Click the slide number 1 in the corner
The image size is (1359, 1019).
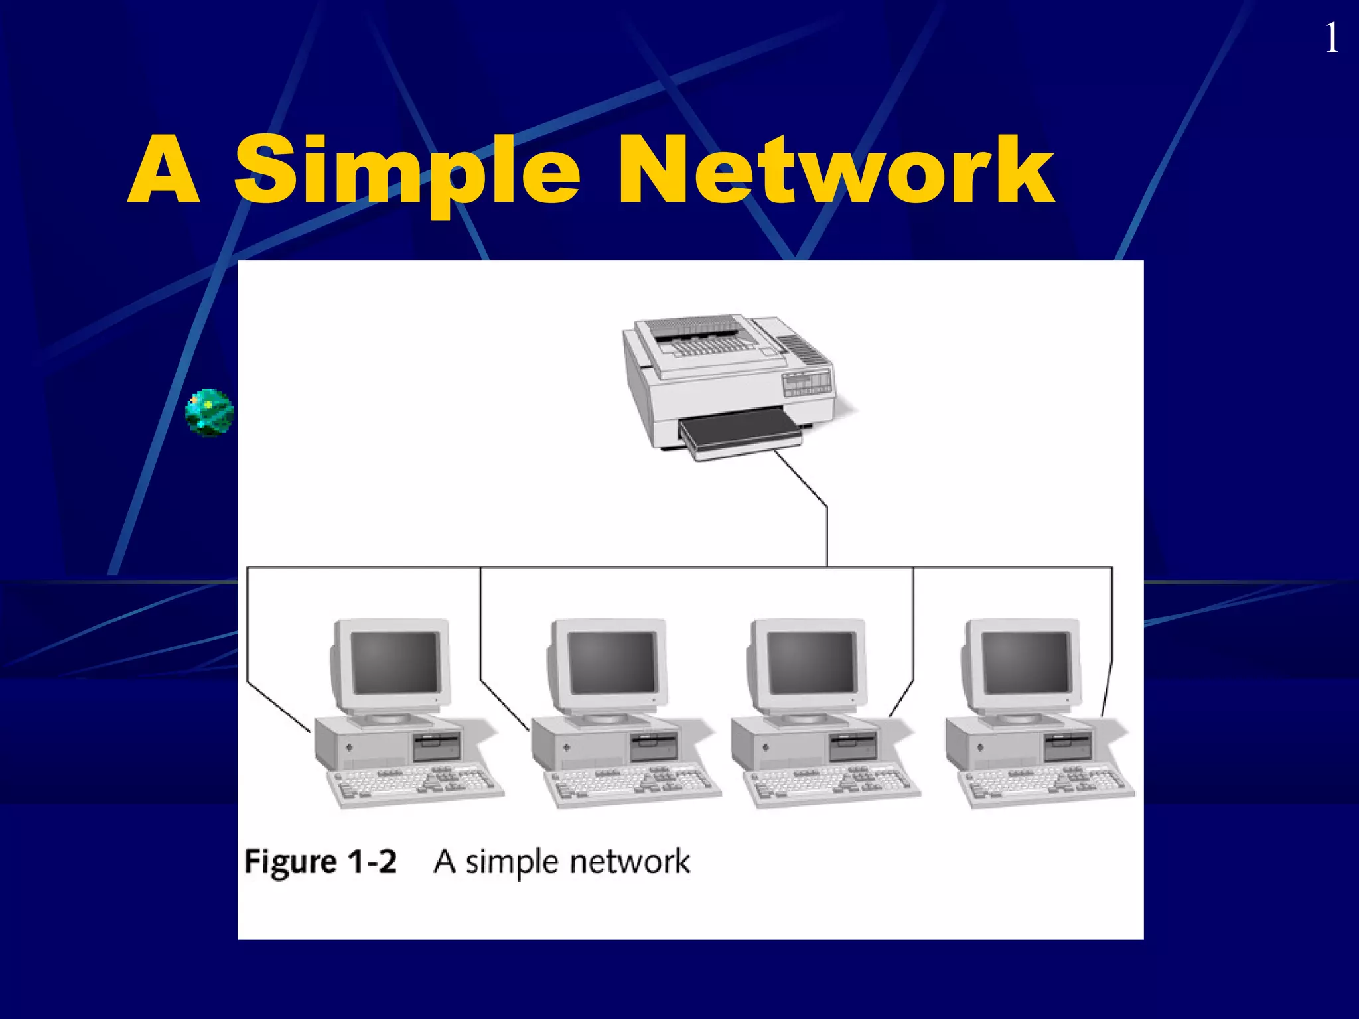coord(1331,38)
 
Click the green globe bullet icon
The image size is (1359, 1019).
coord(209,412)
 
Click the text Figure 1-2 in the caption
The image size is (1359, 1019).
coord(321,862)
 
